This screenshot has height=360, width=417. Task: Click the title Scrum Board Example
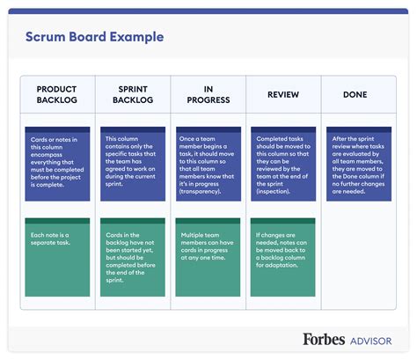point(93,38)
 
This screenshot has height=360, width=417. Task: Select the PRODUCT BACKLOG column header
point(57,95)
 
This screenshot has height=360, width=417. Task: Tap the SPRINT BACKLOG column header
point(133,95)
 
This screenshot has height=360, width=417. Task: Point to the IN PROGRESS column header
point(208,95)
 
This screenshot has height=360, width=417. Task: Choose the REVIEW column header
point(282,94)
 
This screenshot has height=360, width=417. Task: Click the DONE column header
point(355,94)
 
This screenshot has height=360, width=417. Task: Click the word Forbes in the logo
point(326,339)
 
